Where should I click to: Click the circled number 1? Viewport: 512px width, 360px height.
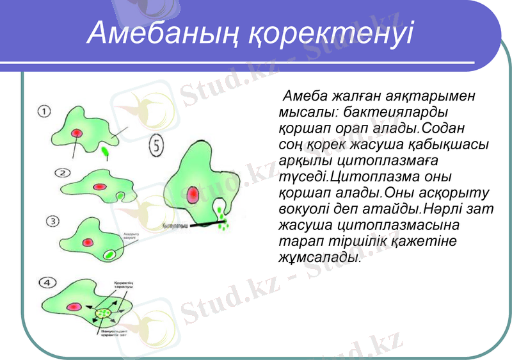point(45,111)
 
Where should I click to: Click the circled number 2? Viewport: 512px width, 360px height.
point(62,173)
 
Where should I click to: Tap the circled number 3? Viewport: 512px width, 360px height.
point(54,221)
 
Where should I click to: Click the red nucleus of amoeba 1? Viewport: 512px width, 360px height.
point(77,133)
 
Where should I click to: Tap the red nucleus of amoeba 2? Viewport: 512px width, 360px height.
point(99,186)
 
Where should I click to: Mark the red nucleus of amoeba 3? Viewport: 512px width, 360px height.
point(87,242)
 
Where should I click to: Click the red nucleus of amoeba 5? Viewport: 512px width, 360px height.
point(194,194)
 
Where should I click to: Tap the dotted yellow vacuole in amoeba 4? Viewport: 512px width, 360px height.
point(104,313)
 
